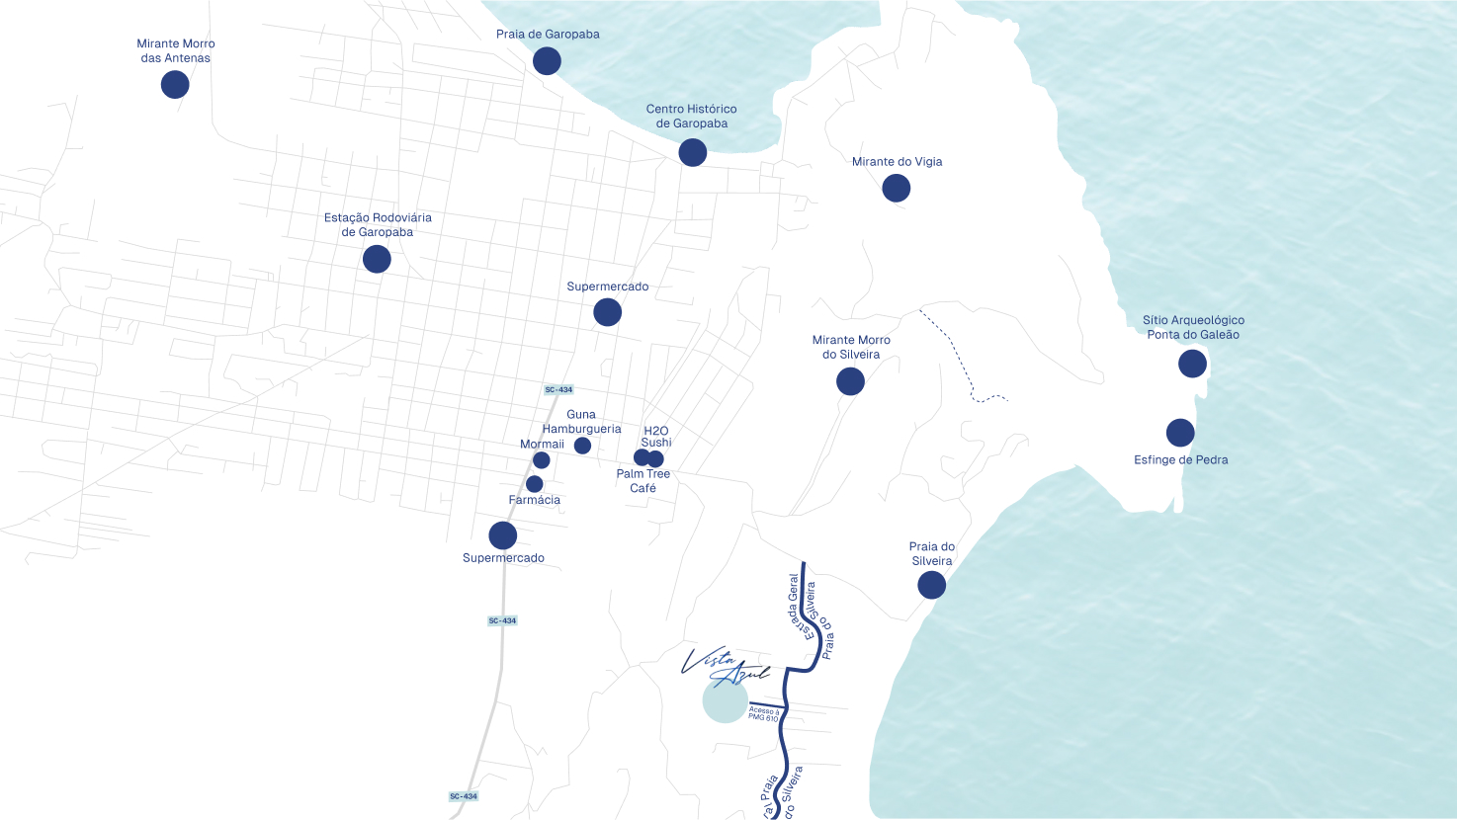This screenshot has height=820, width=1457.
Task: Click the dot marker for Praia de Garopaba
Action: tap(547, 61)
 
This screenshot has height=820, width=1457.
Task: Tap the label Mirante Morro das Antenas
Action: tap(176, 50)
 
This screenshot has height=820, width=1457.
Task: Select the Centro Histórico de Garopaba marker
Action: tap(693, 152)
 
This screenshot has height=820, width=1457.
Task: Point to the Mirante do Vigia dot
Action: tap(897, 188)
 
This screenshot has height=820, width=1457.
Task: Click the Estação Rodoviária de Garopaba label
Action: tap(378, 224)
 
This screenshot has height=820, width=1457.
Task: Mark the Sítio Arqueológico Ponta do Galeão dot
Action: tap(1193, 364)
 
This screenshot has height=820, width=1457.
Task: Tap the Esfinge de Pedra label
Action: tap(1181, 459)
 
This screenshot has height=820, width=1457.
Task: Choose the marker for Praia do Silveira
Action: tap(932, 585)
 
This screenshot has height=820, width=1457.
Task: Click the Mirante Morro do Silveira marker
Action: tap(850, 381)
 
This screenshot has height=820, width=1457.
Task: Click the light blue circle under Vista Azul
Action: tap(725, 701)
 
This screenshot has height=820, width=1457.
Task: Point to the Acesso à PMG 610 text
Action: tap(764, 713)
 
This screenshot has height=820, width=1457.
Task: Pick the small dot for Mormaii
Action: tap(542, 460)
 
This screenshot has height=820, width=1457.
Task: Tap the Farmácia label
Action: tap(535, 500)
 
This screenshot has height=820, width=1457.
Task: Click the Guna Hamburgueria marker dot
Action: tap(583, 446)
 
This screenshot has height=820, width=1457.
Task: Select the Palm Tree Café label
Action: tap(643, 481)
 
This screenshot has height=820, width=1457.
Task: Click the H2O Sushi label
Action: tap(656, 436)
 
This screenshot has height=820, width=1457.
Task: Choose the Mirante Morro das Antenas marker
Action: tap(175, 85)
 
